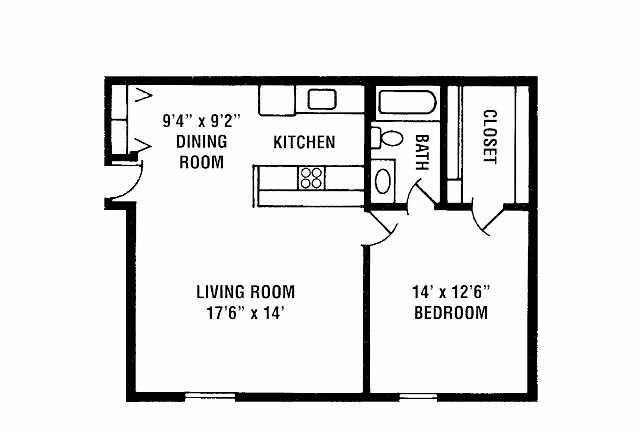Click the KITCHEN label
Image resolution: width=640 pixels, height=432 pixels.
pyautogui.click(x=304, y=142)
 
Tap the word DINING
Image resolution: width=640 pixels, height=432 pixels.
pyautogui.click(x=202, y=142)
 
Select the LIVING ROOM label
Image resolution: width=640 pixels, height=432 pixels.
pyautogui.click(x=245, y=292)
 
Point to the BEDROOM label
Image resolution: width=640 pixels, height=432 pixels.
pyautogui.click(x=451, y=313)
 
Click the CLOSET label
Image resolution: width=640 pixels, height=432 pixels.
pyautogui.click(x=490, y=137)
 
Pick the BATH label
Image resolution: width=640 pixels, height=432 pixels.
pyautogui.click(x=422, y=152)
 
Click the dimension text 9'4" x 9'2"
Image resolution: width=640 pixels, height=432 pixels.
pyautogui.click(x=202, y=121)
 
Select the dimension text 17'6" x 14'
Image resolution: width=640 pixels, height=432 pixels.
pyautogui.click(x=245, y=313)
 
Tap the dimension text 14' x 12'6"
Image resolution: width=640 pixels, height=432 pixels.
pyautogui.click(x=451, y=292)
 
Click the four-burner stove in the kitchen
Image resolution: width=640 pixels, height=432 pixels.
pyautogui.click(x=311, y=178)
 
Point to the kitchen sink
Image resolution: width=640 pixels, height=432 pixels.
pyautogui.click(x=322, y=100)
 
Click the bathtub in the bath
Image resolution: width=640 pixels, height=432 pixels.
pyautogui.click(x=407, y=102)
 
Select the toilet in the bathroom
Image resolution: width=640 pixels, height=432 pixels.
pyautogui.click(x=386, y=138)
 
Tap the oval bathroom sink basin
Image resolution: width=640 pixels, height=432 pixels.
pyautogui.click(x=383, y=182)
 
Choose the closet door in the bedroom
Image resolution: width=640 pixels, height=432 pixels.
pyautogui.click(x=487, y=220)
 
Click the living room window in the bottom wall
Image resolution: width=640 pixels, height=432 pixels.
pyautogui.click(x=210, y=396)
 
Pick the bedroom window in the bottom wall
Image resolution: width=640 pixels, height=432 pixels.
pyautogui.click(x=418, y=396)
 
